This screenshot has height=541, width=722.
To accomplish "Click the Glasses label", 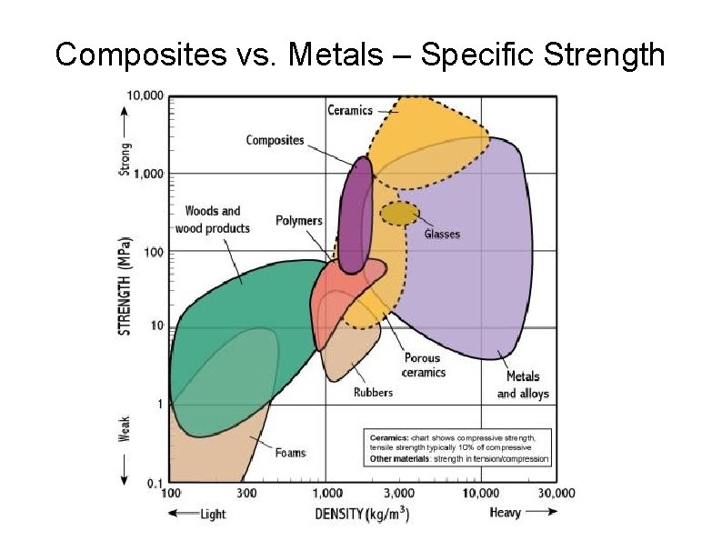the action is coord(442,234).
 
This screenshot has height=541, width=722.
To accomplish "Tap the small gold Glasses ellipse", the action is coord(398,214).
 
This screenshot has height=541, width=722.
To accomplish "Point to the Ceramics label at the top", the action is coord(350,111).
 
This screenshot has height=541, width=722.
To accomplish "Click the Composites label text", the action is coord(275,140).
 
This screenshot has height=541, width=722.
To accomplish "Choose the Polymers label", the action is coord(299,221).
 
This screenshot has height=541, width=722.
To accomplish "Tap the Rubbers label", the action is coord(373,393).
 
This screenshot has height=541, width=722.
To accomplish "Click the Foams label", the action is coord(290,453).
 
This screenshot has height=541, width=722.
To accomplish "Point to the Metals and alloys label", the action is coord(522,385).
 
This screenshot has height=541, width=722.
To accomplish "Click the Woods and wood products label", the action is coord(212,220).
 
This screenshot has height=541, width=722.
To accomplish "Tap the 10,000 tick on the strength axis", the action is coord(145,95).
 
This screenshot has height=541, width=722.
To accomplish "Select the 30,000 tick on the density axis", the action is coord(554,494).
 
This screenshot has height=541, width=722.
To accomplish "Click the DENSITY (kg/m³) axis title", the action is coord(362,515).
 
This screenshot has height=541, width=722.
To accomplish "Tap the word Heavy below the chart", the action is coord(506,514).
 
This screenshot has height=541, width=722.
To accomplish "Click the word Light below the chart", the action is coord(212,515).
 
